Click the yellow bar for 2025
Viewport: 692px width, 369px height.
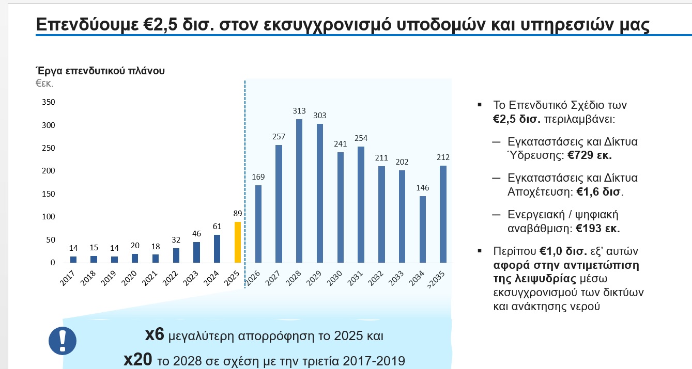coord(238,242)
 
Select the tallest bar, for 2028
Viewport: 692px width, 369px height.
coord(299,191)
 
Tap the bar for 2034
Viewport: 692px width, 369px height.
coord(423,229)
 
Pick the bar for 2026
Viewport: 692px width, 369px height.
coord(258,224)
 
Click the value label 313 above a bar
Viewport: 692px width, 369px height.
coord(299,111)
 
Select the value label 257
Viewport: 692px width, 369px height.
coord(279,137)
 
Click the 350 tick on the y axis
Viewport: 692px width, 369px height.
coord(48,102)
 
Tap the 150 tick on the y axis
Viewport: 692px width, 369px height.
coord(48,194)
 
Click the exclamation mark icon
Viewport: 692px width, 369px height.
coord(63,340)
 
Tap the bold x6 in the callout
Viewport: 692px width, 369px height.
coord(155,335)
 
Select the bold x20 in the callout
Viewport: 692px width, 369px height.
coord(138,359)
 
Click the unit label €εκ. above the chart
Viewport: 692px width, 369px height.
coord(44,83)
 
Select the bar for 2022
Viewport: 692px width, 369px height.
coord(176,255)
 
